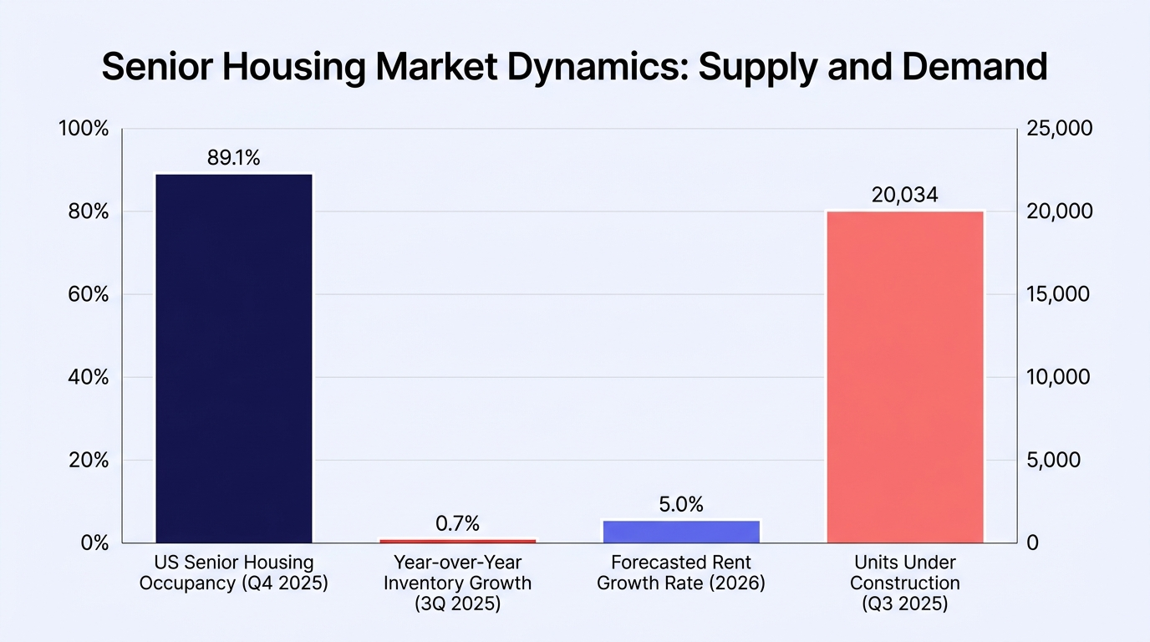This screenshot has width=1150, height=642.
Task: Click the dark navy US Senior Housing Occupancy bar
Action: click(234, 359)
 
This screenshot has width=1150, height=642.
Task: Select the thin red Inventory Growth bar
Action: click(457, 541)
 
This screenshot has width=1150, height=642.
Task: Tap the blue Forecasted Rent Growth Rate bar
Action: click(681, 532)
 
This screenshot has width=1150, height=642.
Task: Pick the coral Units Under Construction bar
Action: click(905, 377)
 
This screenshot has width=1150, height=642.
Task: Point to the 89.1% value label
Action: click(234, 158)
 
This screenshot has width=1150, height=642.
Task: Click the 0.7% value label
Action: click(457, 523)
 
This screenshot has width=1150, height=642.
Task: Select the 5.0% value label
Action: click(681, 504)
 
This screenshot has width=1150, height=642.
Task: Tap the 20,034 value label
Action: click(904, 195)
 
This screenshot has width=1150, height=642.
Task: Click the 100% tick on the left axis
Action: click(84, 129)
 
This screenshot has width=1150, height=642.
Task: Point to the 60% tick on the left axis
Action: click(89, 294)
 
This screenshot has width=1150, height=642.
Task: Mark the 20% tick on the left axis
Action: click(89, 461)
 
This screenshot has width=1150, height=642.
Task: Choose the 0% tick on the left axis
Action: click(94, 543)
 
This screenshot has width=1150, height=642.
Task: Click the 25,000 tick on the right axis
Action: click(1060, 129)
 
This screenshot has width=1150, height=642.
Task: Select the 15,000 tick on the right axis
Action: click(1058, 294)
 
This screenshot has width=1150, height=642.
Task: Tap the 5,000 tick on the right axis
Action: click(1054, 461)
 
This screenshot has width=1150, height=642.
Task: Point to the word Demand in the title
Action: click(974, 66)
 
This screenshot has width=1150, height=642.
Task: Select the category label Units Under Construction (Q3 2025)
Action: click(905, 583)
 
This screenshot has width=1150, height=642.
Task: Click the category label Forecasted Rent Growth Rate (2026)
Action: click(681, 573)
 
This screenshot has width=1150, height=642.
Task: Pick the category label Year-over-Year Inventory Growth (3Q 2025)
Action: click(457, 583)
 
